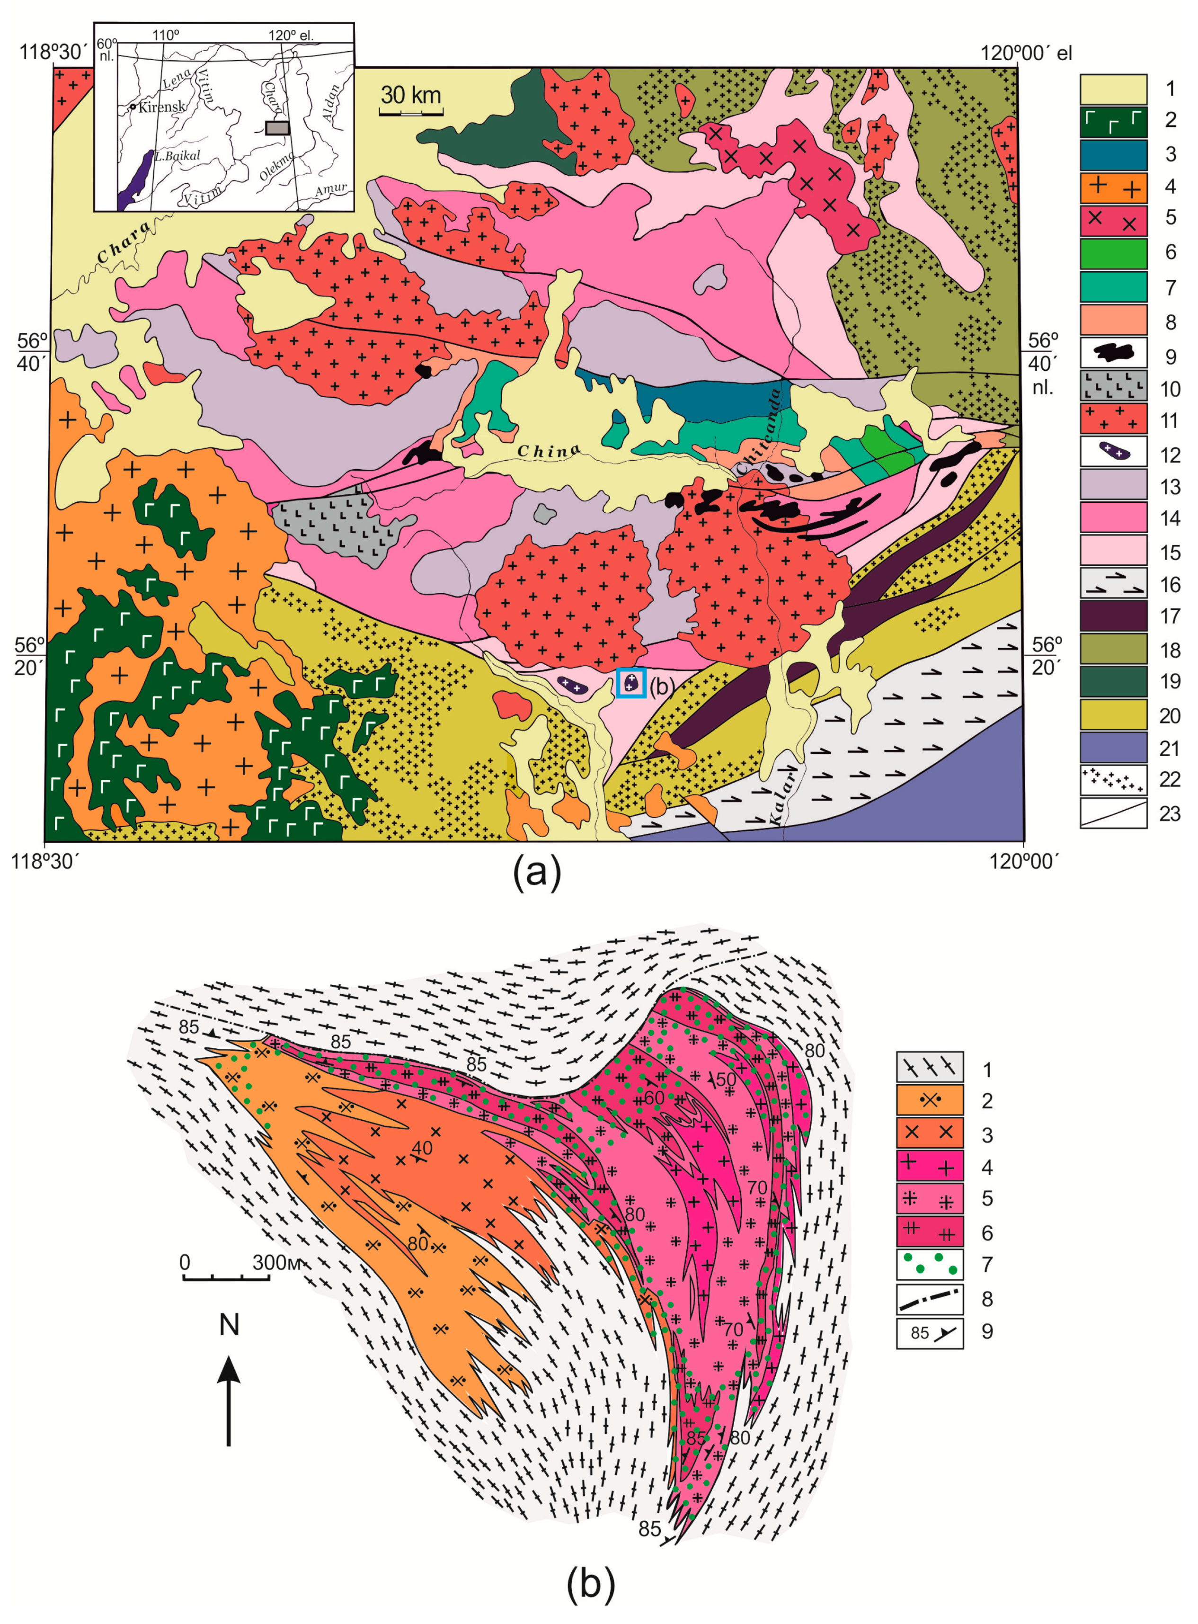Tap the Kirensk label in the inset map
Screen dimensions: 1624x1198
pyautogui.click(x=162, y=107)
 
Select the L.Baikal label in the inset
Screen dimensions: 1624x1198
pyautogui.click(x=177, y=156)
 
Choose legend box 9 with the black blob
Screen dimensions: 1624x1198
pyautogui.click(x=1113, y=353)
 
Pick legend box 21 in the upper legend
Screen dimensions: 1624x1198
pyautogui.click(x=1113, y=747)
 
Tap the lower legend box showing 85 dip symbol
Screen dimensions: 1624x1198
pyautogui.click(x=930, y=1332)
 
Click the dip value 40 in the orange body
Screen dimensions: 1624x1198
pyautogui.click(x=421, y=1148)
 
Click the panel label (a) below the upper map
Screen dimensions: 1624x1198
pyautogui.click(x=537, y=873)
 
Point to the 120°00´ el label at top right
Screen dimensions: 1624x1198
pyautogui.click(x=1025, y=53)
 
